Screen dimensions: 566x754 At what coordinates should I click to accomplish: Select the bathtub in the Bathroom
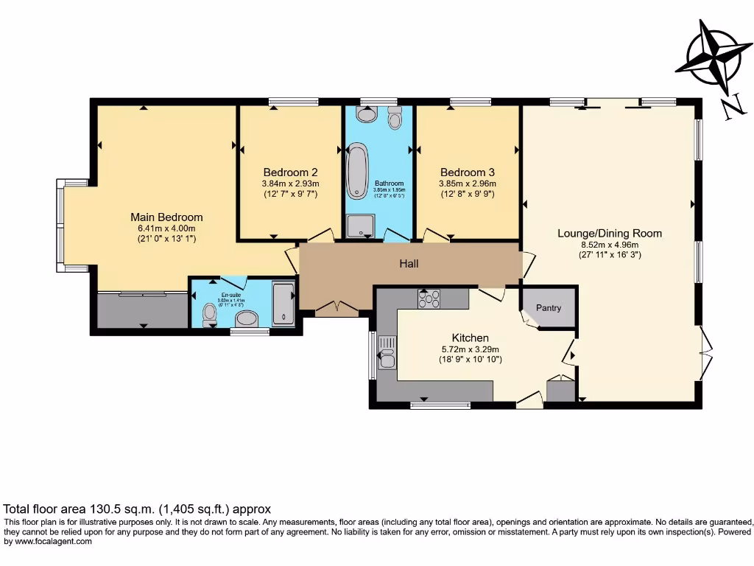coord(357,171)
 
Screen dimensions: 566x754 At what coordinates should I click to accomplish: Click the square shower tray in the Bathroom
coord(360,226)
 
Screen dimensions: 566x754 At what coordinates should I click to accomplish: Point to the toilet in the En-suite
coord(209,315)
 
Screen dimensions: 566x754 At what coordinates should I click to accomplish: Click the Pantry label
coord(549,308)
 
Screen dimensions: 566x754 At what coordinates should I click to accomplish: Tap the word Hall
coord(409,263)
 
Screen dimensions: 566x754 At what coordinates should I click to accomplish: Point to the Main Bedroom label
coord(166,217)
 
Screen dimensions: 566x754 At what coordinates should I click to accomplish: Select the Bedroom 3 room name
coord(468,172)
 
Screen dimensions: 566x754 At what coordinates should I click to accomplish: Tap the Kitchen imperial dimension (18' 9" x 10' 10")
coord(471,360)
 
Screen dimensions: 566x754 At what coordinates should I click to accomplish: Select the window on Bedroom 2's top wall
coord(293,102)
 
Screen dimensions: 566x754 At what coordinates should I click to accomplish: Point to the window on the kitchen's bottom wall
coord(440,405)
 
